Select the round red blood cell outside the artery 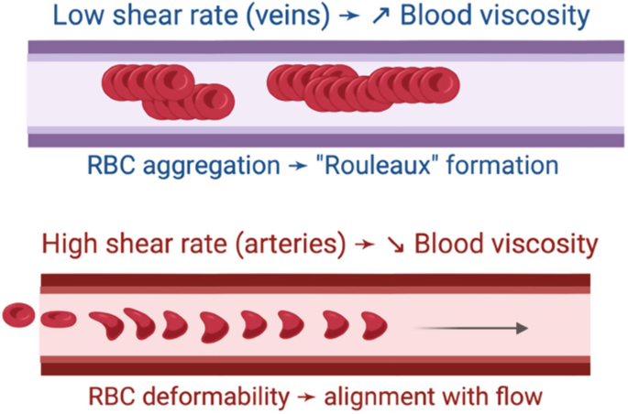[x=18, y=317]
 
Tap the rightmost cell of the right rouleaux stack [x=441, y=83]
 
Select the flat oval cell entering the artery [x=60, y=318]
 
